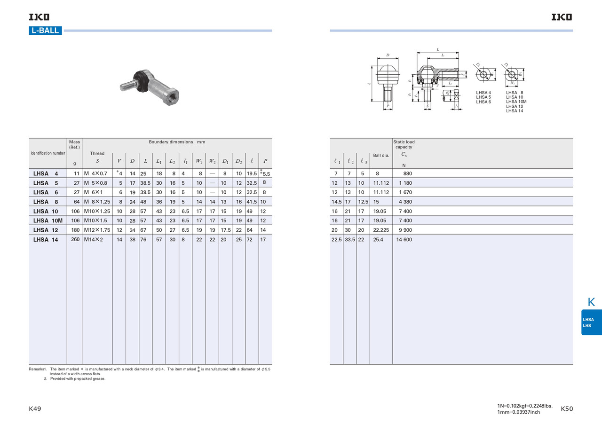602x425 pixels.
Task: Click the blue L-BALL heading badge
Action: pyautogui.click(x=45, y=31)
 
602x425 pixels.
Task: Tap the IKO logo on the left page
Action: pyautogui.click(x=39, y=17)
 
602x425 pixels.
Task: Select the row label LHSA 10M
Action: pyautogui.click(x=48, y=220)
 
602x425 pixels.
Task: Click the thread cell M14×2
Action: pyautogui.click(x=94, y=239)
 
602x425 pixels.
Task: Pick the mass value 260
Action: pyautogui.click(x=74, y=239)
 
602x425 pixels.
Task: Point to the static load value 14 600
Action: pyautogui.click(x=404, y=239)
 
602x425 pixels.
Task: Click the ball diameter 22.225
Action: pyautogui.click(x=381, y=230)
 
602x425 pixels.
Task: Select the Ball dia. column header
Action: pyautogui.click(x=381, y=155)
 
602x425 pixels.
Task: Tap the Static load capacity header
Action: pyautogui.click(x=404, y=144)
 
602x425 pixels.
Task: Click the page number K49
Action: pyautogui.click(x=35, y=409)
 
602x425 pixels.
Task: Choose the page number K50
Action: pyautogui.click(x=567, y=409)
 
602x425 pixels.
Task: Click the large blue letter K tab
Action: pyautogui.click(x=591, y=302)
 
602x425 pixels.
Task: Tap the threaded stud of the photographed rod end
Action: pyautogui.click(x=127, y=86)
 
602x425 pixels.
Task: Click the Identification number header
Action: pyautogui.click(x=48, y=153)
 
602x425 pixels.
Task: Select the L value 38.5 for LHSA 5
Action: pyautogui.click(x=145, y=183)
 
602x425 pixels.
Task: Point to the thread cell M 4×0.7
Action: pyautogui.click(x=95, y=173)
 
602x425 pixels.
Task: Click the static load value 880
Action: pyautogui.click(x=407, y=173)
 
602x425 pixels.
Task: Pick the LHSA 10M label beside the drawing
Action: pyautogui.click(x=516, y=102)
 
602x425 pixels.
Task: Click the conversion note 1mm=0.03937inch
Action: pyautogui.click(x=518, y=412)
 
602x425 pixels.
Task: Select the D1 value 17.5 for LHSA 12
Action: pyautogui.click(x=225, y=230)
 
